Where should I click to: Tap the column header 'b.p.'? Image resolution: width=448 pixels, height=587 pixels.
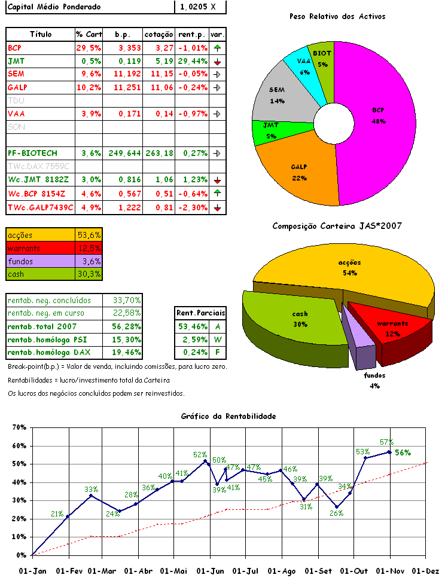tap(123, 35)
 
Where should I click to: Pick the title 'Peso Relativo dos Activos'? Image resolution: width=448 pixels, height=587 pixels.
tap(337, 16)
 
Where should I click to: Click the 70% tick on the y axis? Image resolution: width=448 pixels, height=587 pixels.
tap(20, 428)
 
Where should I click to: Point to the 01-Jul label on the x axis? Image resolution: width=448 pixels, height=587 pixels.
tap(245, 571)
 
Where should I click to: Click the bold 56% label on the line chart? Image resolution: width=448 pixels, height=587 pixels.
tap(403, 453)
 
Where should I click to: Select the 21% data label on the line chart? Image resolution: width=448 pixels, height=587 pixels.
tap(57, 513)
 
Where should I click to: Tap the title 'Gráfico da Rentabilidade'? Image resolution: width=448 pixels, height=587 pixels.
tap(228, 416)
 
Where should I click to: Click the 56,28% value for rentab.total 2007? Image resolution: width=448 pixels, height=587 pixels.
tap(127, 326)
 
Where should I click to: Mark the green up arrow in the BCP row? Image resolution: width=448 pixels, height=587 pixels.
tap(217, 48)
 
